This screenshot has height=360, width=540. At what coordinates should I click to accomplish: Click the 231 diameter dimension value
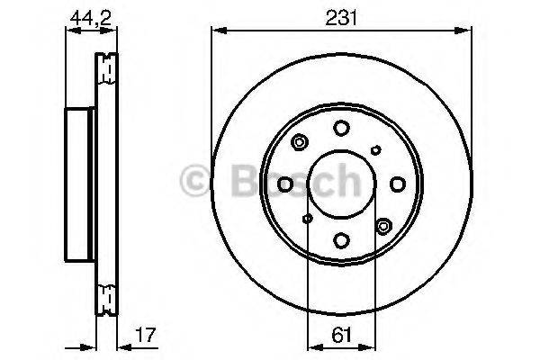coord(342,15)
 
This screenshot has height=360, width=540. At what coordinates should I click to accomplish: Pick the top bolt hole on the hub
coord(342,129)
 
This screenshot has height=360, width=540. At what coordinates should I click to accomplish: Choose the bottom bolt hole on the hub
coord(342,240)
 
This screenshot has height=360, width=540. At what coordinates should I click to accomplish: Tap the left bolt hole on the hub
coord(286,184)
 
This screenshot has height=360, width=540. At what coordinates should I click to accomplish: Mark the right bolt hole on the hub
coord(398,184)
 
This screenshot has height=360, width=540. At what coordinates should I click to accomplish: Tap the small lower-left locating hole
coord(308,219)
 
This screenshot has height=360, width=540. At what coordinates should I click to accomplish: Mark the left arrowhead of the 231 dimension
coord(216,30)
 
